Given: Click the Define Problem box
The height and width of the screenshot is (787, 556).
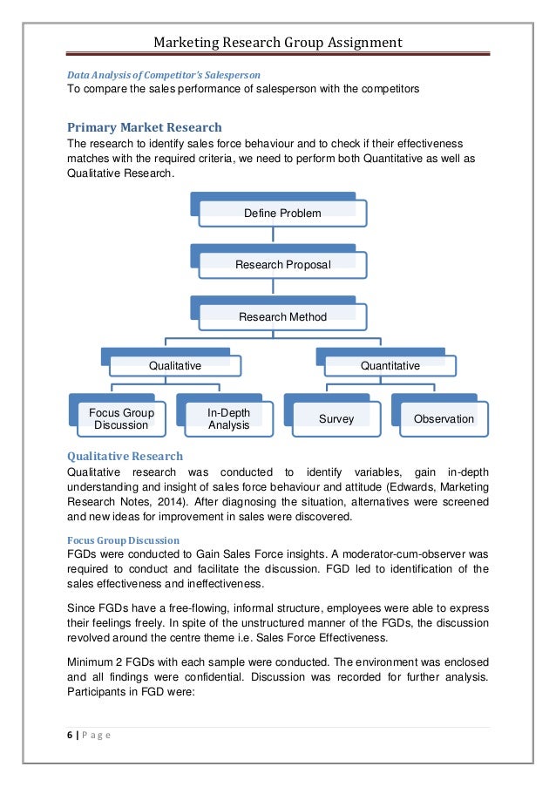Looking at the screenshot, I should (282, 214).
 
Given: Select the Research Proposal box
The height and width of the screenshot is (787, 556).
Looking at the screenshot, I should (282, 265).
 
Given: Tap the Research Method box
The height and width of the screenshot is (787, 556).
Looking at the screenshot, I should (282, 316).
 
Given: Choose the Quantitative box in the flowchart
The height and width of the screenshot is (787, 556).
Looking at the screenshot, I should (390, 366).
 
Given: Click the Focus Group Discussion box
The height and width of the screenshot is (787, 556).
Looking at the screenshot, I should (121, 418).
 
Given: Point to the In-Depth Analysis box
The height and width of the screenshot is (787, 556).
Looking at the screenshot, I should (229, 418).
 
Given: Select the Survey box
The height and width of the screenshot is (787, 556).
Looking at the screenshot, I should (336, 419).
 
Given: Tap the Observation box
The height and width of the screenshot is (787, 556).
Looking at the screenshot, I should (444, 419).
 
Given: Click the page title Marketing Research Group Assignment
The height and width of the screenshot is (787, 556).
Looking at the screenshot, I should (278, 42).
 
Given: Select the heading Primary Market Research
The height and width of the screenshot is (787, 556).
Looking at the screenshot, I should (145, 127).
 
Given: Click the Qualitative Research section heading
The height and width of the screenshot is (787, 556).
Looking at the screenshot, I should (125, 456).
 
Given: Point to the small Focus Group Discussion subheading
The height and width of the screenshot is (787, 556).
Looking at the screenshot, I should (124, 540).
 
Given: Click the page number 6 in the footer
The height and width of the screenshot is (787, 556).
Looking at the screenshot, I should (69, 734).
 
